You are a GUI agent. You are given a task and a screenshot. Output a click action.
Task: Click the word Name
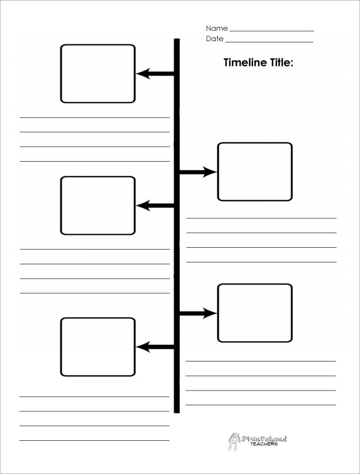point(217,28)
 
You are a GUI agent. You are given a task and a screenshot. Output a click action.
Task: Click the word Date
point(215,39)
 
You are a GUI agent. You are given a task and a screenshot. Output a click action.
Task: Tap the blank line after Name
point(271,31)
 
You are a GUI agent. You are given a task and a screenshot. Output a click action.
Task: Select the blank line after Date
point(270,42)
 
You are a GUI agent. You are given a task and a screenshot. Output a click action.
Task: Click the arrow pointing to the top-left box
point(155,73)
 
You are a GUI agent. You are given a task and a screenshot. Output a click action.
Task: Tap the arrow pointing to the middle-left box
point(155,205)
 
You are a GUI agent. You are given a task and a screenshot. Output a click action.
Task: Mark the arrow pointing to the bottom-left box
point(155,347)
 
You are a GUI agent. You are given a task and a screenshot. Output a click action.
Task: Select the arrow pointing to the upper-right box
point(198,172)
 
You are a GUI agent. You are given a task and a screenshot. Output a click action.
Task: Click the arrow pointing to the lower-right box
point(198,313)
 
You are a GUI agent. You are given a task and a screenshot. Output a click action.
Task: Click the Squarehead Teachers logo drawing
point(234,441)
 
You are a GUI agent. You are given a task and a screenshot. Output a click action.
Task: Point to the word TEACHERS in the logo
point(264,444)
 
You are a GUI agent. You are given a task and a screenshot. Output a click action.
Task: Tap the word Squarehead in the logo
point(264,438)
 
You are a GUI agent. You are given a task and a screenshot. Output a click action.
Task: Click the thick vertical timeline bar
point(177,226)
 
